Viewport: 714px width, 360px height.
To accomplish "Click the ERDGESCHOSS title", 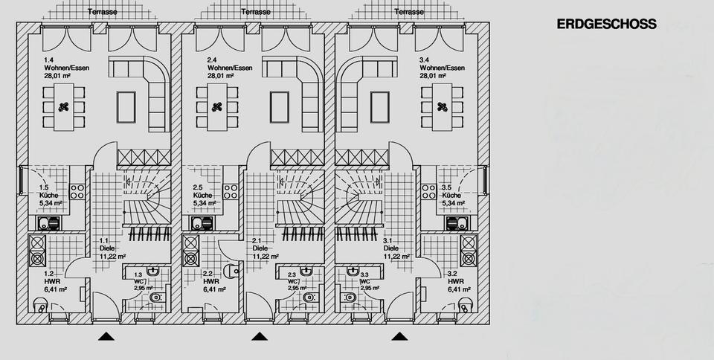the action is (x=606, y=24).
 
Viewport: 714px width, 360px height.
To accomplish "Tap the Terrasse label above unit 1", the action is (x=101, y=12).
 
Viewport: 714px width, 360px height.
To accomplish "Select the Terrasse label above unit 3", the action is (x=409, y=12).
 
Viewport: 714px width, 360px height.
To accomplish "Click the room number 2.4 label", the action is (x=212, y=60).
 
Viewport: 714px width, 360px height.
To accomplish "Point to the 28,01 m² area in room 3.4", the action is (x=433, y=75).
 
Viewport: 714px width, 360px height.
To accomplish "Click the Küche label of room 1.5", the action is (x=48, y=195).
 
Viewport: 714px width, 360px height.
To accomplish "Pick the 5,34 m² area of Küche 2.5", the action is (x=205, y=202).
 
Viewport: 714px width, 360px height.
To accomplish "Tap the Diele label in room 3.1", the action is (x=391, y=248).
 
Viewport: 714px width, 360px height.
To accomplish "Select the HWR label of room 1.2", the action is (x=51, y=282).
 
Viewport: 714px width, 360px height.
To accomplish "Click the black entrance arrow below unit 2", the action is (x=260, y=336).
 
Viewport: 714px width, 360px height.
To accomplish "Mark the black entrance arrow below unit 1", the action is (x=107, y=336).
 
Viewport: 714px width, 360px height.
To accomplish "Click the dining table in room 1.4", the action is (x=63, y=106).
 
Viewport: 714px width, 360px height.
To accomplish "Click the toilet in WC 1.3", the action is (x=155, y=298).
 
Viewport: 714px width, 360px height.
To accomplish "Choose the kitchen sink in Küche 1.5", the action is (x=48, y=222).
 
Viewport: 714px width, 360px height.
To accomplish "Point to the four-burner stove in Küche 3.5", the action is (x=429, y=191).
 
